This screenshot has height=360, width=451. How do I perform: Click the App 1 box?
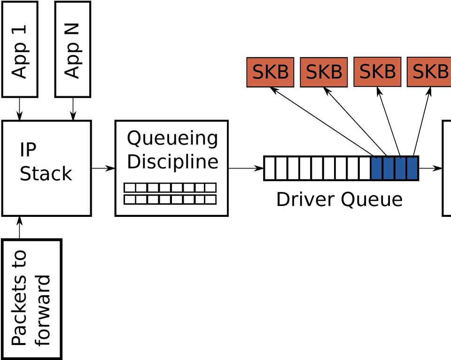[x=20, y=49]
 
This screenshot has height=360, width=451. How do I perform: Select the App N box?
[x=73, y=49]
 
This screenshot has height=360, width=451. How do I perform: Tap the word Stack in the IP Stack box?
[x=46, y=174]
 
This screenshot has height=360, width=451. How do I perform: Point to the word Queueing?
[x=172, y=139]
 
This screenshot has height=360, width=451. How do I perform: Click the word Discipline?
[x=172, y=161]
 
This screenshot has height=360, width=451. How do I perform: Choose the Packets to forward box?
[x=31, y=299]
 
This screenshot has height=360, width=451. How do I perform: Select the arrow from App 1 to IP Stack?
[x=20, y=108]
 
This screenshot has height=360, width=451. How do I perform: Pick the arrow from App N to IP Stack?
[x=73, y=108]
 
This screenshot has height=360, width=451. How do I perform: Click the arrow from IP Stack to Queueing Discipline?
[x=103, y=168]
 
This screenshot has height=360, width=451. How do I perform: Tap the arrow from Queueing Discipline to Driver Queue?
[x=246, y=168]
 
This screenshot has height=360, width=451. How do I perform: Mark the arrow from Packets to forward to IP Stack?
[x=20, y=228]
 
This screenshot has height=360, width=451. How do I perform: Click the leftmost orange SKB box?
[x=270, y=72]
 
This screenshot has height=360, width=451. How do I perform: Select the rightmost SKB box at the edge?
[x=428, y=72]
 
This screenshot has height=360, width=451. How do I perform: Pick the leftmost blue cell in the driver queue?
[x=377, y=169]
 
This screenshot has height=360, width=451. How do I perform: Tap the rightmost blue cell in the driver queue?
[x=412, y=169]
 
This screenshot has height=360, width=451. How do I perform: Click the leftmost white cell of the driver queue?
[x=270, y=169]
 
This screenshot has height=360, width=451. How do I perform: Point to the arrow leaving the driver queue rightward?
[x=430, y=168]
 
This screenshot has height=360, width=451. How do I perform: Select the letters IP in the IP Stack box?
[x=28, y=150]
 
